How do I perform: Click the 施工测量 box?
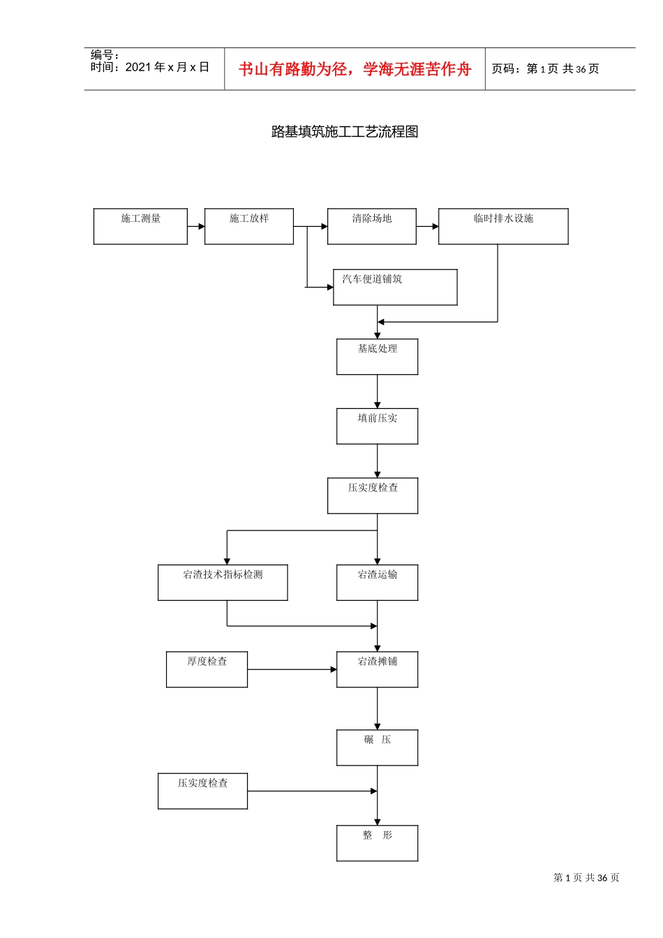(x=140, y=226)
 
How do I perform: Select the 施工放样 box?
(x=249, y=226)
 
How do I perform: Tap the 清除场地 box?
(x=372, y=226)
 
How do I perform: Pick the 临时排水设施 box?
(x=503, y=226)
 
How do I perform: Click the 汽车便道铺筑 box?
(x=395, y=287)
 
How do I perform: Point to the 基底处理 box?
(x=378, y=357)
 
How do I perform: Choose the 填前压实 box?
(x=378, y=426)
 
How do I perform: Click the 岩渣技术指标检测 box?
(x=223, y=583)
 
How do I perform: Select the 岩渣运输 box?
(x=378, y=583)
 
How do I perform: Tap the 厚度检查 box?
(x=207, y=669)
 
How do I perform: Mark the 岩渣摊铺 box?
(x=378, y=669)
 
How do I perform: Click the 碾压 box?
(x=378, y=747)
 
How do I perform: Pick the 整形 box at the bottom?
(x=378, y=843)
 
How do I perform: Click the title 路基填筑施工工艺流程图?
(x=345, y=132)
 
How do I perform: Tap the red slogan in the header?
(x=355, y=69)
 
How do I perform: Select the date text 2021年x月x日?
(x=167, y=67)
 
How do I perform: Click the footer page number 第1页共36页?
(x=586, y=877)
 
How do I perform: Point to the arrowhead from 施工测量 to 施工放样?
(x=201, y=226)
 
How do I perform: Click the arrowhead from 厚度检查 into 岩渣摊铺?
(x=334, y=669)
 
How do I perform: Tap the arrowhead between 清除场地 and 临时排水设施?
(x=435, y=226)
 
